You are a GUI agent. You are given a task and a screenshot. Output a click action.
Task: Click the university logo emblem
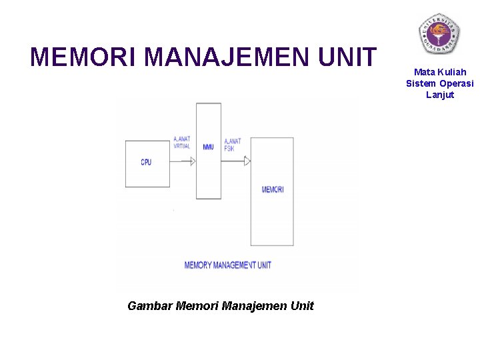click(439, 33)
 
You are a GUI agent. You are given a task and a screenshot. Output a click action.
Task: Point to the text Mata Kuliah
click(440, 72)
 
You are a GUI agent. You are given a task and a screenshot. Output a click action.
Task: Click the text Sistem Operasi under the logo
click(440, 83)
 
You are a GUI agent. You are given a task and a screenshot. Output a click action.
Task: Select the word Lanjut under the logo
click(440, 95)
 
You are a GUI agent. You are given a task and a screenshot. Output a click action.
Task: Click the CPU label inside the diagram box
click(146, 162)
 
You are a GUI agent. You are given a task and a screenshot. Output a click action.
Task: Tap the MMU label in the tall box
click(209, 147)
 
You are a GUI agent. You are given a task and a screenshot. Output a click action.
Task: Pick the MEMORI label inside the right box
click(273, 190)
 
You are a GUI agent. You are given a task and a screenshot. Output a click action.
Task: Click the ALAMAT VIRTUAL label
click(181, 143)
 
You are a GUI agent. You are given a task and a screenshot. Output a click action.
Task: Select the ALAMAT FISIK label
click(233, 145)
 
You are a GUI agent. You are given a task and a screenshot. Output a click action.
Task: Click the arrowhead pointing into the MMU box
click(192, 161)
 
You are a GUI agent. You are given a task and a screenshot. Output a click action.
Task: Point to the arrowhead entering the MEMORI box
click(247, 161)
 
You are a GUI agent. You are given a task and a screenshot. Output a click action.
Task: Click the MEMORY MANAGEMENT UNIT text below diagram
click(227, 265)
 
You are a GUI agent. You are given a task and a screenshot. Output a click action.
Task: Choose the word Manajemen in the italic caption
click(255, 306)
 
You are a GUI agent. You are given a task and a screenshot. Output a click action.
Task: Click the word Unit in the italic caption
click(303, 306)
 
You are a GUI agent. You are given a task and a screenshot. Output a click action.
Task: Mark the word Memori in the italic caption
click(197, 306)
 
